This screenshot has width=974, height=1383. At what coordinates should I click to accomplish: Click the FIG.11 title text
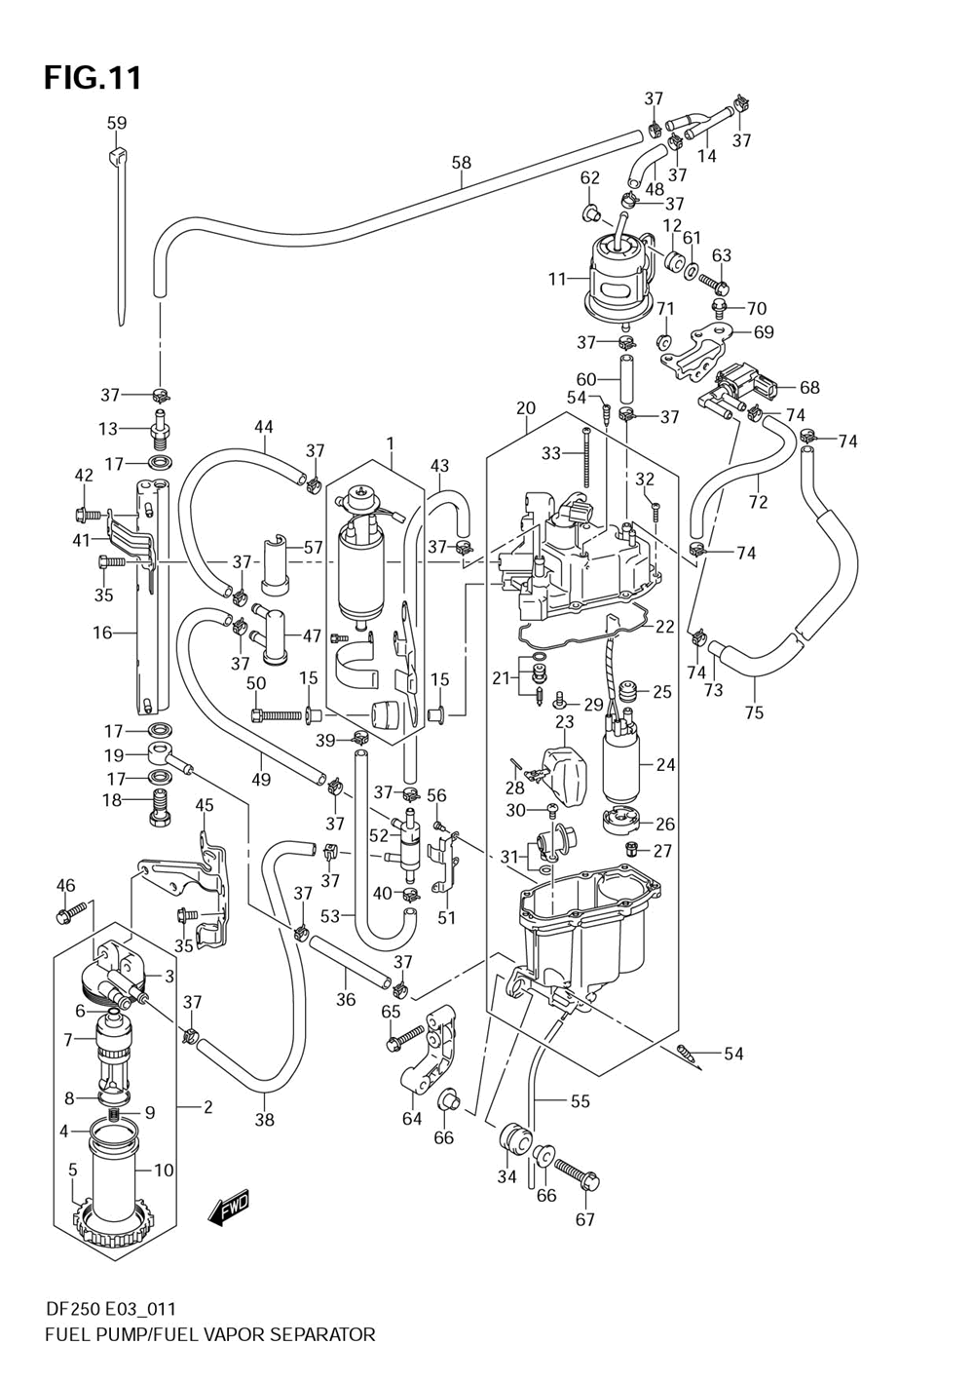click(x=93, y=79)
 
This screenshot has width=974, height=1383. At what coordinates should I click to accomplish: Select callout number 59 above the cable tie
click(x=117, y=123)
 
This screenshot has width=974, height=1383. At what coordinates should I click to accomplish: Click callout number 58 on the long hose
click(x=461, y=163)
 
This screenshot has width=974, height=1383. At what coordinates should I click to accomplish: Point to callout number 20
click(x=526, y=408)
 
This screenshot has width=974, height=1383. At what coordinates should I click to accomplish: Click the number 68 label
click(x=809, y=387)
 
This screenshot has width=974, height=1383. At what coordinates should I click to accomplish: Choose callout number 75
click(x=754, y=712)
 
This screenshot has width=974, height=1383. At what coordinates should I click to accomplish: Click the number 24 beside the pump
click(x=665, y=764)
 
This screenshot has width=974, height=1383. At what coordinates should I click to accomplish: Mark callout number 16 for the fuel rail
click(x=103, y=632)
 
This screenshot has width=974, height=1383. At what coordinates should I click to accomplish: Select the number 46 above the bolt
click(x=65, y=885)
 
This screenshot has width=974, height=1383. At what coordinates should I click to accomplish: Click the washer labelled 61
click(x=693, y=269)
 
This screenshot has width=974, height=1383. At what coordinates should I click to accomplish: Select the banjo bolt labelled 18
click(x=161, y=808)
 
